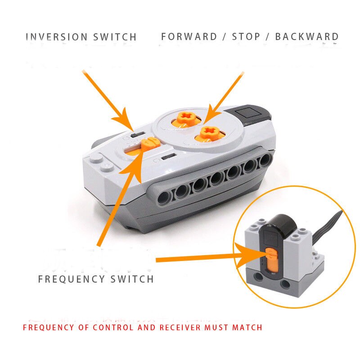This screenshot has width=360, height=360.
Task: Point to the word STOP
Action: [247, 37]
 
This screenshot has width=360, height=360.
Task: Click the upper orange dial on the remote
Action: [184, 118]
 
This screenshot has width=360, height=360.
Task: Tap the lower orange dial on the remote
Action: [207, 132]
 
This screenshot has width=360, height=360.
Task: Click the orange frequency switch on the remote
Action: [149, 144]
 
